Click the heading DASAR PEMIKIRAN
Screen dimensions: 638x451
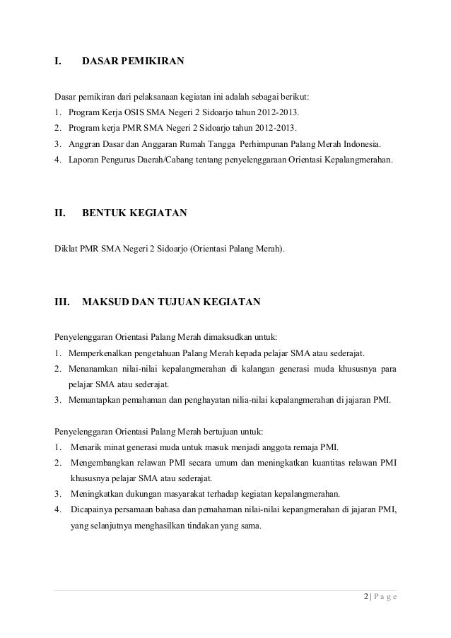click(133, 62)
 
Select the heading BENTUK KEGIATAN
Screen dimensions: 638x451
click(134, 212)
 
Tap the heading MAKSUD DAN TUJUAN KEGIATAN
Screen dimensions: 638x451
click(172, 303)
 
